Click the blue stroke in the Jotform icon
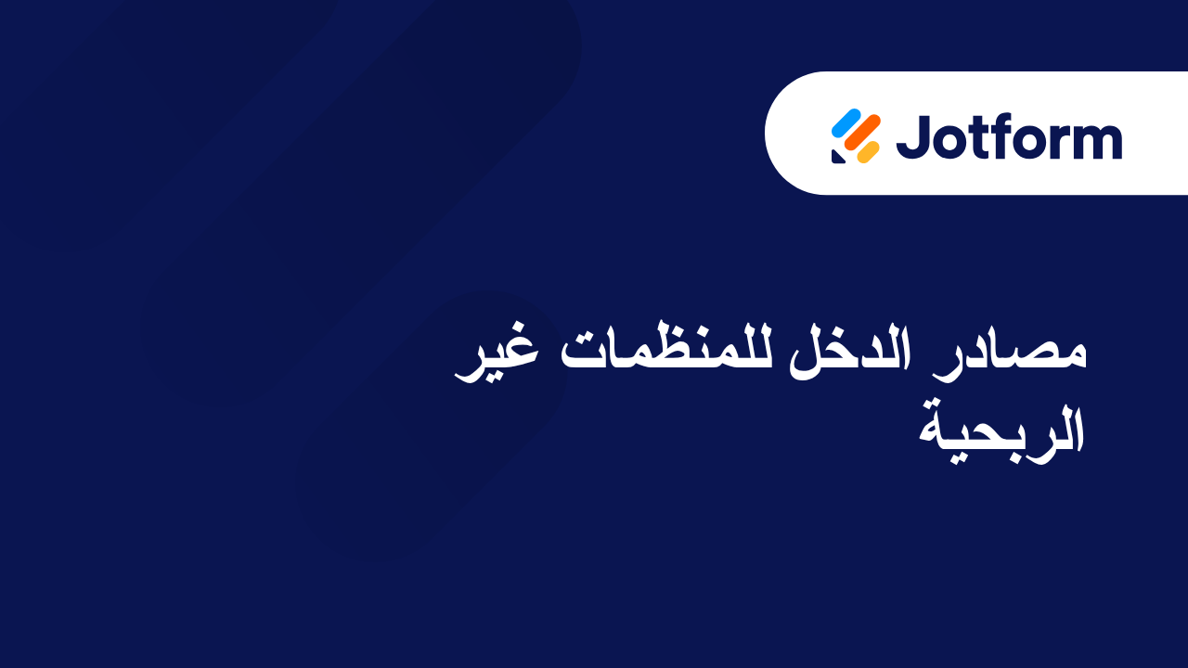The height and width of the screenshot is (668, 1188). pyautogui.click(x=846, y=122)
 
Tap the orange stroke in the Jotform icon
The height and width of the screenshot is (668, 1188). pyautogui.click(x=864, y=136)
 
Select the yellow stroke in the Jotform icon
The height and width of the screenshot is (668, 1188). pyautogui.click(x=868, y=152)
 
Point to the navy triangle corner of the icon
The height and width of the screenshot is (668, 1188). pyautogui.click(x=837, y=157)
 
